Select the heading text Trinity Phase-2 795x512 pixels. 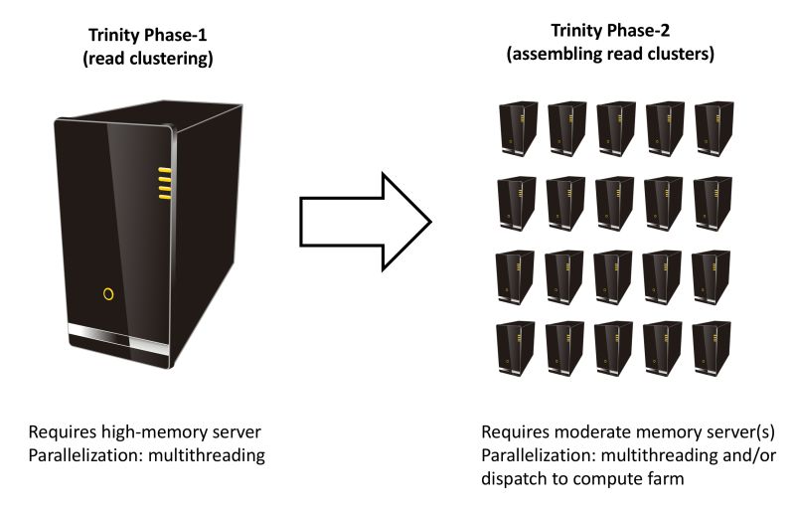click(611, 33)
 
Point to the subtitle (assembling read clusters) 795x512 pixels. click(611, 55)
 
